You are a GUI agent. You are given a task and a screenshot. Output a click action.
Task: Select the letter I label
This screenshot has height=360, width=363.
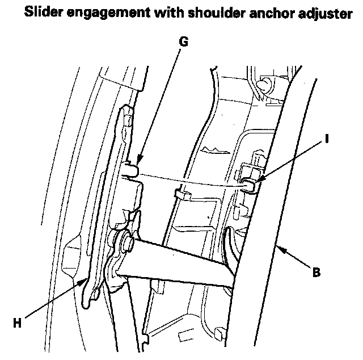pos(327,138)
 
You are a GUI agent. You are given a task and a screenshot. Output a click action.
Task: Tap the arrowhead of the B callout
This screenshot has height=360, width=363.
pos(277,249)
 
